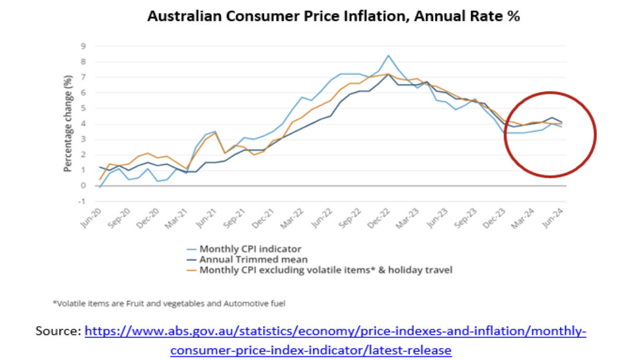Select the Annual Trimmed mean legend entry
pyautogui.click(x=254, y=259)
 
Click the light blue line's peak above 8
pyautogui.click(x=388, y=55)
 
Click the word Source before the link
pyautogui.click(x=57, y=331)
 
